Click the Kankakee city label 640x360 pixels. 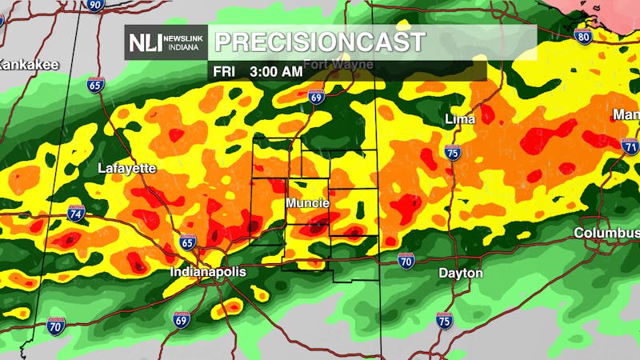(x=29, y=65)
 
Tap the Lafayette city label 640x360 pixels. (x=126, y=168)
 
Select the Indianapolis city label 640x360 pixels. (x=208, y=272)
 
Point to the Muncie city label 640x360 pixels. (x=308, y=203)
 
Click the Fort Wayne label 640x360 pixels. (x=331, y=63)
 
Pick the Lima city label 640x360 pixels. (x=460, y=119)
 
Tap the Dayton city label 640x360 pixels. (x=461, y=273)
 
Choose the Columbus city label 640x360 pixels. (x=606, y=233)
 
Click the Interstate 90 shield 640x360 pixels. (x=95, y=5)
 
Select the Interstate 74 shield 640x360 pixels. (x=76, y=213)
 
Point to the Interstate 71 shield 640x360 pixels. (x=630, y=146)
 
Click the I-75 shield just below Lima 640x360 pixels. (x=453, y=152)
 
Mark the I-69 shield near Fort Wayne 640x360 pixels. (x=316, y=98)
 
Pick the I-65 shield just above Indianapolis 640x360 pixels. (x=187, y=242)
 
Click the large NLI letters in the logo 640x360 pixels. (x=144, y=42)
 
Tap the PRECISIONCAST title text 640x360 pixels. (x=319, y=42)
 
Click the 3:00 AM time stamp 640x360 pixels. (x=276, y=71)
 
